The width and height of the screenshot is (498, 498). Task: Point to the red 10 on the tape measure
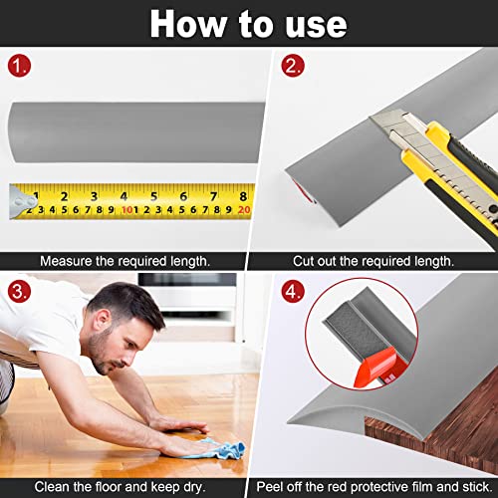pos(128,209)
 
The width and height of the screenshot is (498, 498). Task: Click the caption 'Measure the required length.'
pos(124,260)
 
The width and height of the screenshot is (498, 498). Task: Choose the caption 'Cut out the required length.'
pos(373,260)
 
